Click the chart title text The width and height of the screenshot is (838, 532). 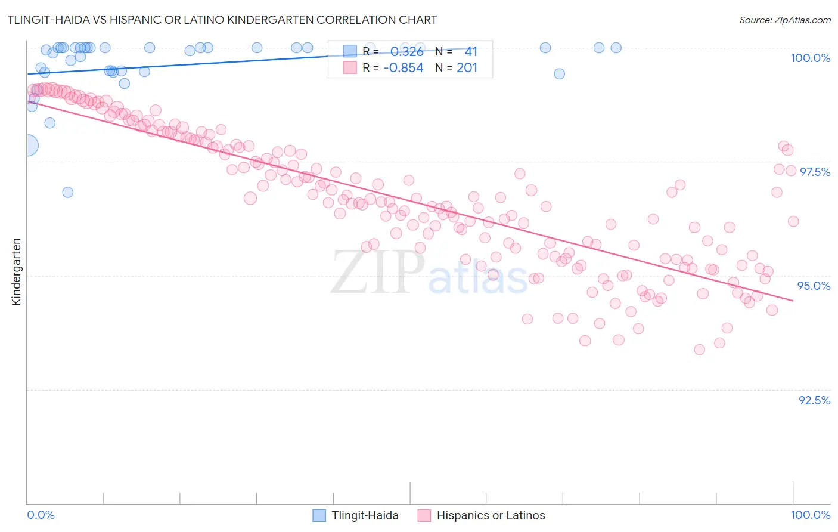tap(222, 20)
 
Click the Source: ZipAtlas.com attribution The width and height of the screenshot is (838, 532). tap(784, 20)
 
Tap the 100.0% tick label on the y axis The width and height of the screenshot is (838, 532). tap(810, 58)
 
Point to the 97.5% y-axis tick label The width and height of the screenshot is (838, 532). tap(814, 172)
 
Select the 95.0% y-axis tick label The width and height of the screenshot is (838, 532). tap(814, 286)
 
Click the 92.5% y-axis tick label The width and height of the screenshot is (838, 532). tap(814, 400)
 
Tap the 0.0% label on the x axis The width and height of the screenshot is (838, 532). tap(41, 515)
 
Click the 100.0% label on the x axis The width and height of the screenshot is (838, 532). tap(810, 515)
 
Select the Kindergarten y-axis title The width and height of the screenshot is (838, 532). tap(16, 272)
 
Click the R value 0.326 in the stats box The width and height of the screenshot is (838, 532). tap(406, 52)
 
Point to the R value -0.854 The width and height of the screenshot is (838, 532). tap(403, 68)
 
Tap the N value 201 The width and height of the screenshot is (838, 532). tap(467, 68)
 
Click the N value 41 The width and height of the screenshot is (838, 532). tap(471, 52)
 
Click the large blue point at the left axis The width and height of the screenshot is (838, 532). tap(27, 145)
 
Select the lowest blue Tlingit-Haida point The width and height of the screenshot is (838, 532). tap(67, 192)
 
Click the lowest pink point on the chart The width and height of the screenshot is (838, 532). tap(699, 349)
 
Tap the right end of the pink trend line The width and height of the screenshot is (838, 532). tap(793, 301)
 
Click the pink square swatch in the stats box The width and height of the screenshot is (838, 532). tap(350, 68)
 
